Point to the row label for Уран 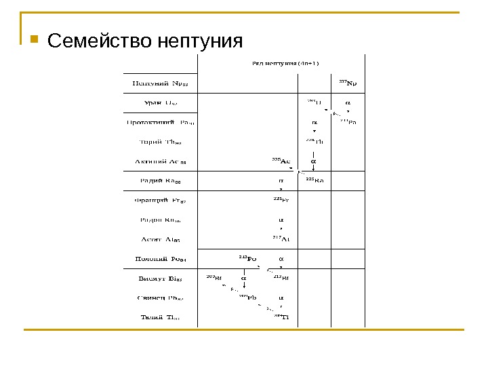click(x=161, y=104)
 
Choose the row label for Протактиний click(x=161, y=123)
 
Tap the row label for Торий click(x=161, y=142)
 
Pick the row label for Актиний click(x=161, y=162)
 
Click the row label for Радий click(x=161, y=181)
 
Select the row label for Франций click(x=161, y=200)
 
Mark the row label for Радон click(x=161, y=220)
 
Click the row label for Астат click(x=161, y=239)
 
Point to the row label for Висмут click(x=161, y=278)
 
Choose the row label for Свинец click(x=161, y=298)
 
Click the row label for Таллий click(x=161, y=317)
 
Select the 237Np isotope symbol click(x=348, y=84)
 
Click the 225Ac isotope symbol click(x=281, y=161)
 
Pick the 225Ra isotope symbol click(x=315, y=180)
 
